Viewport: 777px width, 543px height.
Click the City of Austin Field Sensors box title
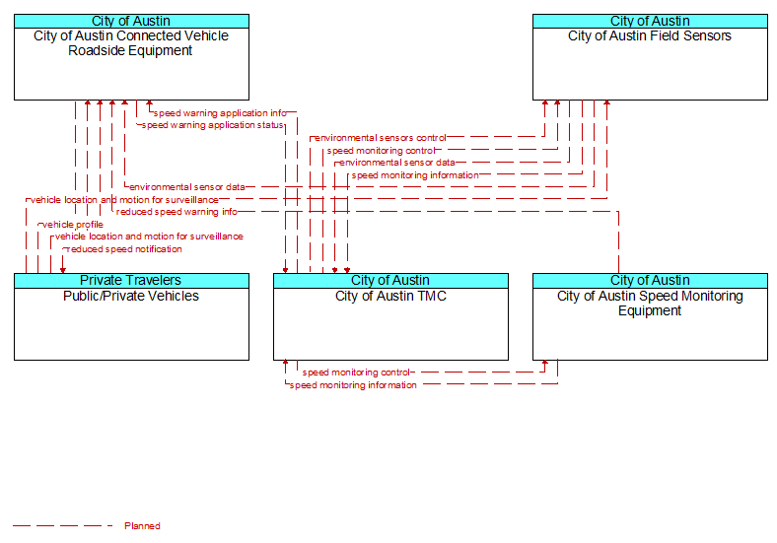(x=650, y=36)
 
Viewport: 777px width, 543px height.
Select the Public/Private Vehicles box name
(x=131, y=296)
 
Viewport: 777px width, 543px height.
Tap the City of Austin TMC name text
(x=390, y=296)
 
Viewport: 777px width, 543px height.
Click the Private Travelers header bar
(x=131, y=281)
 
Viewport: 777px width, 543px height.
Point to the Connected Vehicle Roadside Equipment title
(x=131, y=43)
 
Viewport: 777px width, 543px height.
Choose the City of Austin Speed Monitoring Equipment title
(x=650, y=304)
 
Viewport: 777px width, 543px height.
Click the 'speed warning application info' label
(x=220, y=113)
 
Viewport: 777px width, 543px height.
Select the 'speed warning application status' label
(x=212, y=125)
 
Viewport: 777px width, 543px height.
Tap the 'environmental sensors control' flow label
(x=380, y=138)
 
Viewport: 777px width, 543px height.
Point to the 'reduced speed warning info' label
(x=177, y=212)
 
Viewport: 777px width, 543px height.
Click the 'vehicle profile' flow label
(x=73, y=225)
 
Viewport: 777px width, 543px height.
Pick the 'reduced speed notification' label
(x=124, y=248)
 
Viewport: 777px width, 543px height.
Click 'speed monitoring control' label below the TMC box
(x=356, y=373)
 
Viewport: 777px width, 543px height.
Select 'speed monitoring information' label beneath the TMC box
(x=353, y=385)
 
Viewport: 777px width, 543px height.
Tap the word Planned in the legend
(x=142, y=525)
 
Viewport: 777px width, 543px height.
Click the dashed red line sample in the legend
(x=63, y=525)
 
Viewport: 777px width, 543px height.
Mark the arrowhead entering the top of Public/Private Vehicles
(x=63, y=270)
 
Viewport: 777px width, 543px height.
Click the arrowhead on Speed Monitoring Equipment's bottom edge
(x=545, y=364)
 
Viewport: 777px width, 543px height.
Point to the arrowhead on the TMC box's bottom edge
(x=285, y=364)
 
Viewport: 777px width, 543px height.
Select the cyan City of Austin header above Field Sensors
(x=650, y=21)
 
